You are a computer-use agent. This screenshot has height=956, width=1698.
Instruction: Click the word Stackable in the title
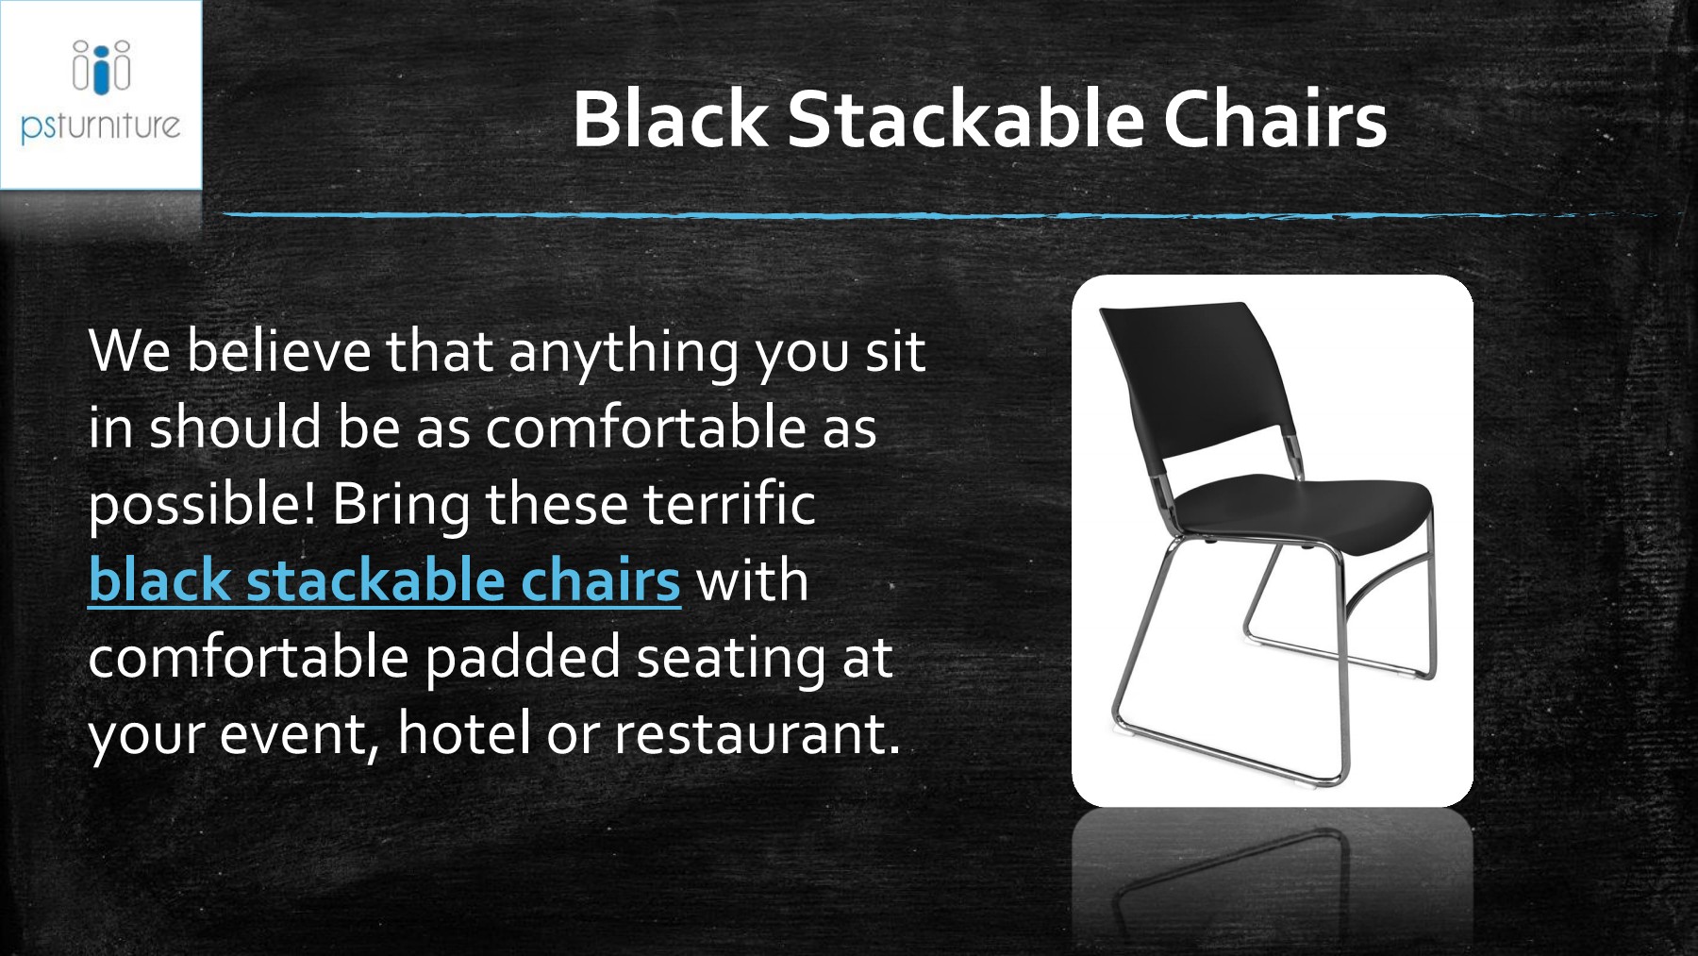coord(965,120)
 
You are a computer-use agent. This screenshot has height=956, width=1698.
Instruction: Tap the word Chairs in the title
coord(1274,120)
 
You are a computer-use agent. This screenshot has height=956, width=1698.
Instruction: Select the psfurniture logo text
coord(100,126)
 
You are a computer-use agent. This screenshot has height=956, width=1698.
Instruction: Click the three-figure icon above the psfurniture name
coord(101,66)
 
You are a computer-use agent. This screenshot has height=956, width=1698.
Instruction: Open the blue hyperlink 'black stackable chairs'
coord(384,579)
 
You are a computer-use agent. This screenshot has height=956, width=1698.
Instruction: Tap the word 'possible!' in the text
coord(202,505)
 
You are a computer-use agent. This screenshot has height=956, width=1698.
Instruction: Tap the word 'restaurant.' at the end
coord(757,733)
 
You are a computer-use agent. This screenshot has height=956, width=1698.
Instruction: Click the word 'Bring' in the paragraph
coord(401,505)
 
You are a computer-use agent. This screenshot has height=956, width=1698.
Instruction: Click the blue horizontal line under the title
coord(849,216)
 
